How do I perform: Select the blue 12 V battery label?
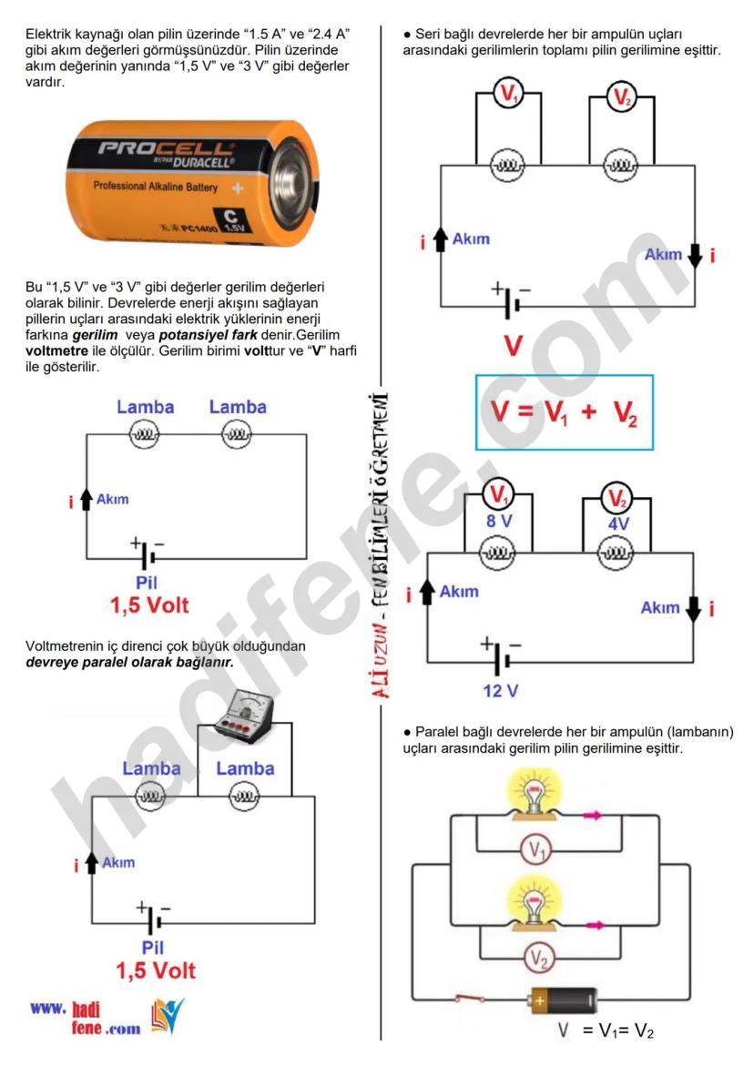tap(500, 690)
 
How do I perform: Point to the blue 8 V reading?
tap(497, 523)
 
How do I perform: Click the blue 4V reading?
tap(617, 525)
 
